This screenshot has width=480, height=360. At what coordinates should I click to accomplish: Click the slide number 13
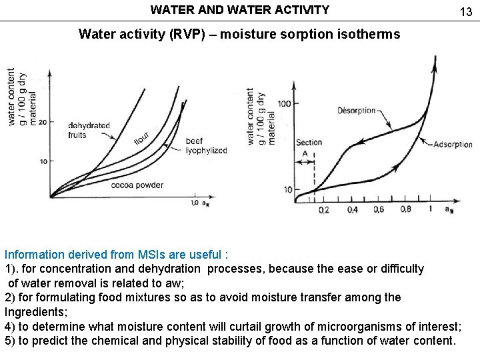pyautogui.click(x=465, y=11)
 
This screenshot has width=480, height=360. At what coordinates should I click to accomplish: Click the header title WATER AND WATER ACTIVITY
pyautogui.click(x=240, y=10)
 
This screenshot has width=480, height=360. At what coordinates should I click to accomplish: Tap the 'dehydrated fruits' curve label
pyautogui.click(x=89, y=129)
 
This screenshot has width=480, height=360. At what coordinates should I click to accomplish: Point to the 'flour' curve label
pyautogui.click(x=141, y=138)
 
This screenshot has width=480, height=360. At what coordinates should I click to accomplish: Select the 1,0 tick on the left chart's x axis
pyautogui.click(x=194, y=203)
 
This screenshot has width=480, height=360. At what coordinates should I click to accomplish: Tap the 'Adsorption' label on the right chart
pyautogui.click(x=452, y=145)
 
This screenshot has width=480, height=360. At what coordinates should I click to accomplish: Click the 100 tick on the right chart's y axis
pyautogui.click(x=283, y=103)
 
